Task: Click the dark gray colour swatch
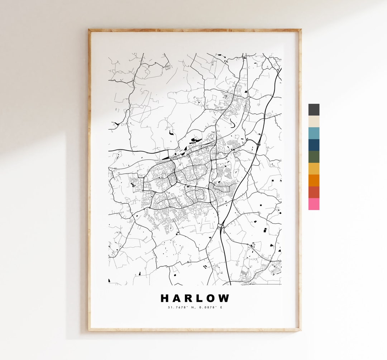pyautogui.click(x=314, y=110)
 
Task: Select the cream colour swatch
pyautogui.click(x=314, y=122)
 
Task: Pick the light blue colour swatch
pyautogui.click(x=314, y=133)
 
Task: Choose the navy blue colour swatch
pyautogui.click(x=314, y=145)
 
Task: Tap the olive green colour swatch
pyautogui.click(x=314, y=157)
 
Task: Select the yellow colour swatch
pyautogui.click(x=314, y=169)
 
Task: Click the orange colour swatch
pyautogui.click(x=314, y=180)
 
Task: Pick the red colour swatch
pyautogui.click(x=314, y=192)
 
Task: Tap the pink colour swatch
pyautogui.click(x=314, y=204)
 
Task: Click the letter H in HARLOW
pyautogui.click(x=165, y=298)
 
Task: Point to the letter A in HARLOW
pyautogui.click(x=177, y=298)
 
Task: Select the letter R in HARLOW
pyautogui.click(x=189, y=298)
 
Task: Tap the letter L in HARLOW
pyautogui.click(x=201, y=298)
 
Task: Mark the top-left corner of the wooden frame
pyautogui.click(x=89, y=30)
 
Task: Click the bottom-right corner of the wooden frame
pyautogui.click(x=300, y=330)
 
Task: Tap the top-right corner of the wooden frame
pyautogui.click(x=300, y=30)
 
